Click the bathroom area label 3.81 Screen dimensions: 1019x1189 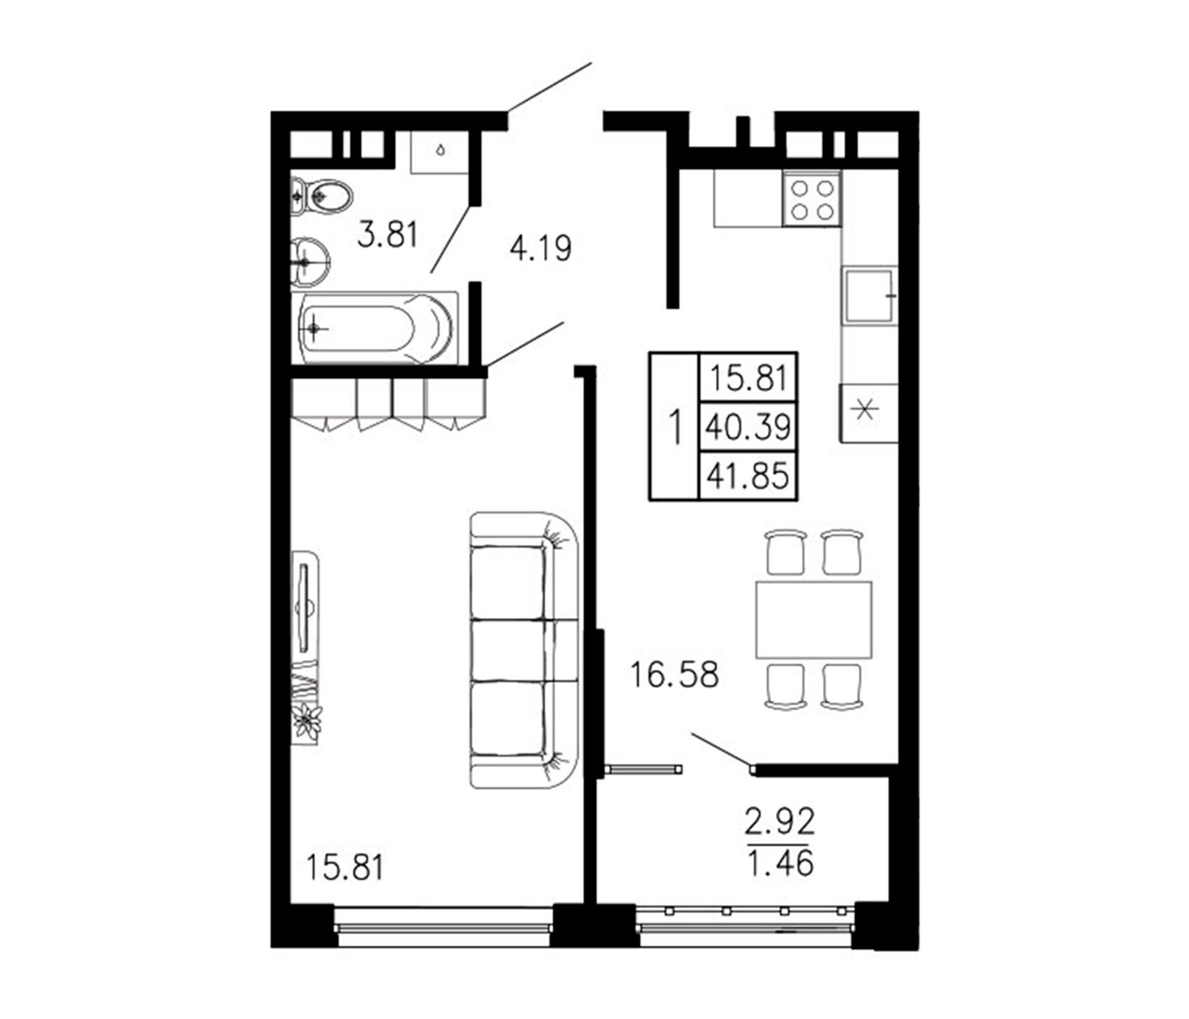pos(387,236)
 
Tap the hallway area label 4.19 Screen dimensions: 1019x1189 pos(541,249)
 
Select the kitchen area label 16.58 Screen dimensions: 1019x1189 pos(674,675)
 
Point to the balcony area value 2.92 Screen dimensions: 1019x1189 pos(780,822)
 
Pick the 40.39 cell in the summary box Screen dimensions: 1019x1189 pos(748,426)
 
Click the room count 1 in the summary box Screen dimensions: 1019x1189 pos(675,427)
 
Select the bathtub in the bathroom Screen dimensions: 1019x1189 pos(374,329)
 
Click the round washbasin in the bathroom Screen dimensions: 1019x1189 pos(310,262)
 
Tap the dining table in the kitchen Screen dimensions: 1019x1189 pos(813,619)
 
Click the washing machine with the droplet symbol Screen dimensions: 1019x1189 pos(440,152)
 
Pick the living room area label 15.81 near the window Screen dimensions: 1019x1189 pos(345,867)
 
